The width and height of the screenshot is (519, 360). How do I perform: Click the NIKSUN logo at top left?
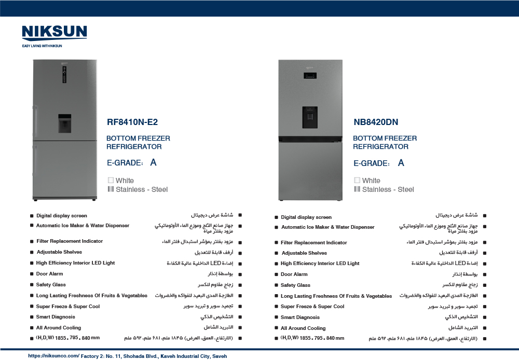coord(54,32)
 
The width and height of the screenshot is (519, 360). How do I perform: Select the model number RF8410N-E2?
coord(132,123)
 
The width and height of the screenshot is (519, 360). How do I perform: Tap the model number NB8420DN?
coord(376,123)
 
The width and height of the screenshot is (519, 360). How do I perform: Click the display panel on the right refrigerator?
coord(311,76)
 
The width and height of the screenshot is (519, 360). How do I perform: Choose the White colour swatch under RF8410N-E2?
coord(111,181)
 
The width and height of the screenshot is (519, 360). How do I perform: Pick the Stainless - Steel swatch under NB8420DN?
coord(357,189)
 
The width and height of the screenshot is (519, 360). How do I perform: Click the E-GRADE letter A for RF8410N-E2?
coord(153,163)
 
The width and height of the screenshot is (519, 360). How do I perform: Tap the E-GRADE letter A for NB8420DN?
coord(401,163)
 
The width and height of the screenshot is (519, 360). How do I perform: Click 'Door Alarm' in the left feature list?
coord(50,274)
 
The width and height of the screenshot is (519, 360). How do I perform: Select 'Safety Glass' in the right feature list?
coord(295,285)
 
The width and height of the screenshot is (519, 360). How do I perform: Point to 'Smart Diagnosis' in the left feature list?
coord(56,317)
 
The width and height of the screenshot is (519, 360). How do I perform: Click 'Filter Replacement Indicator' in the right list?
coord(314,243)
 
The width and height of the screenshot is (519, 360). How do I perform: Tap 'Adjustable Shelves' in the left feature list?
coord(59,252)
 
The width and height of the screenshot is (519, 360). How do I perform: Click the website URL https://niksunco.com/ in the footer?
coord(53,356)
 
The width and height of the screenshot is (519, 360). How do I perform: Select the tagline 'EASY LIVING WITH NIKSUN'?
coord(42,46)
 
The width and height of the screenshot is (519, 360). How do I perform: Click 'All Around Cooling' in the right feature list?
coord(303,328)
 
